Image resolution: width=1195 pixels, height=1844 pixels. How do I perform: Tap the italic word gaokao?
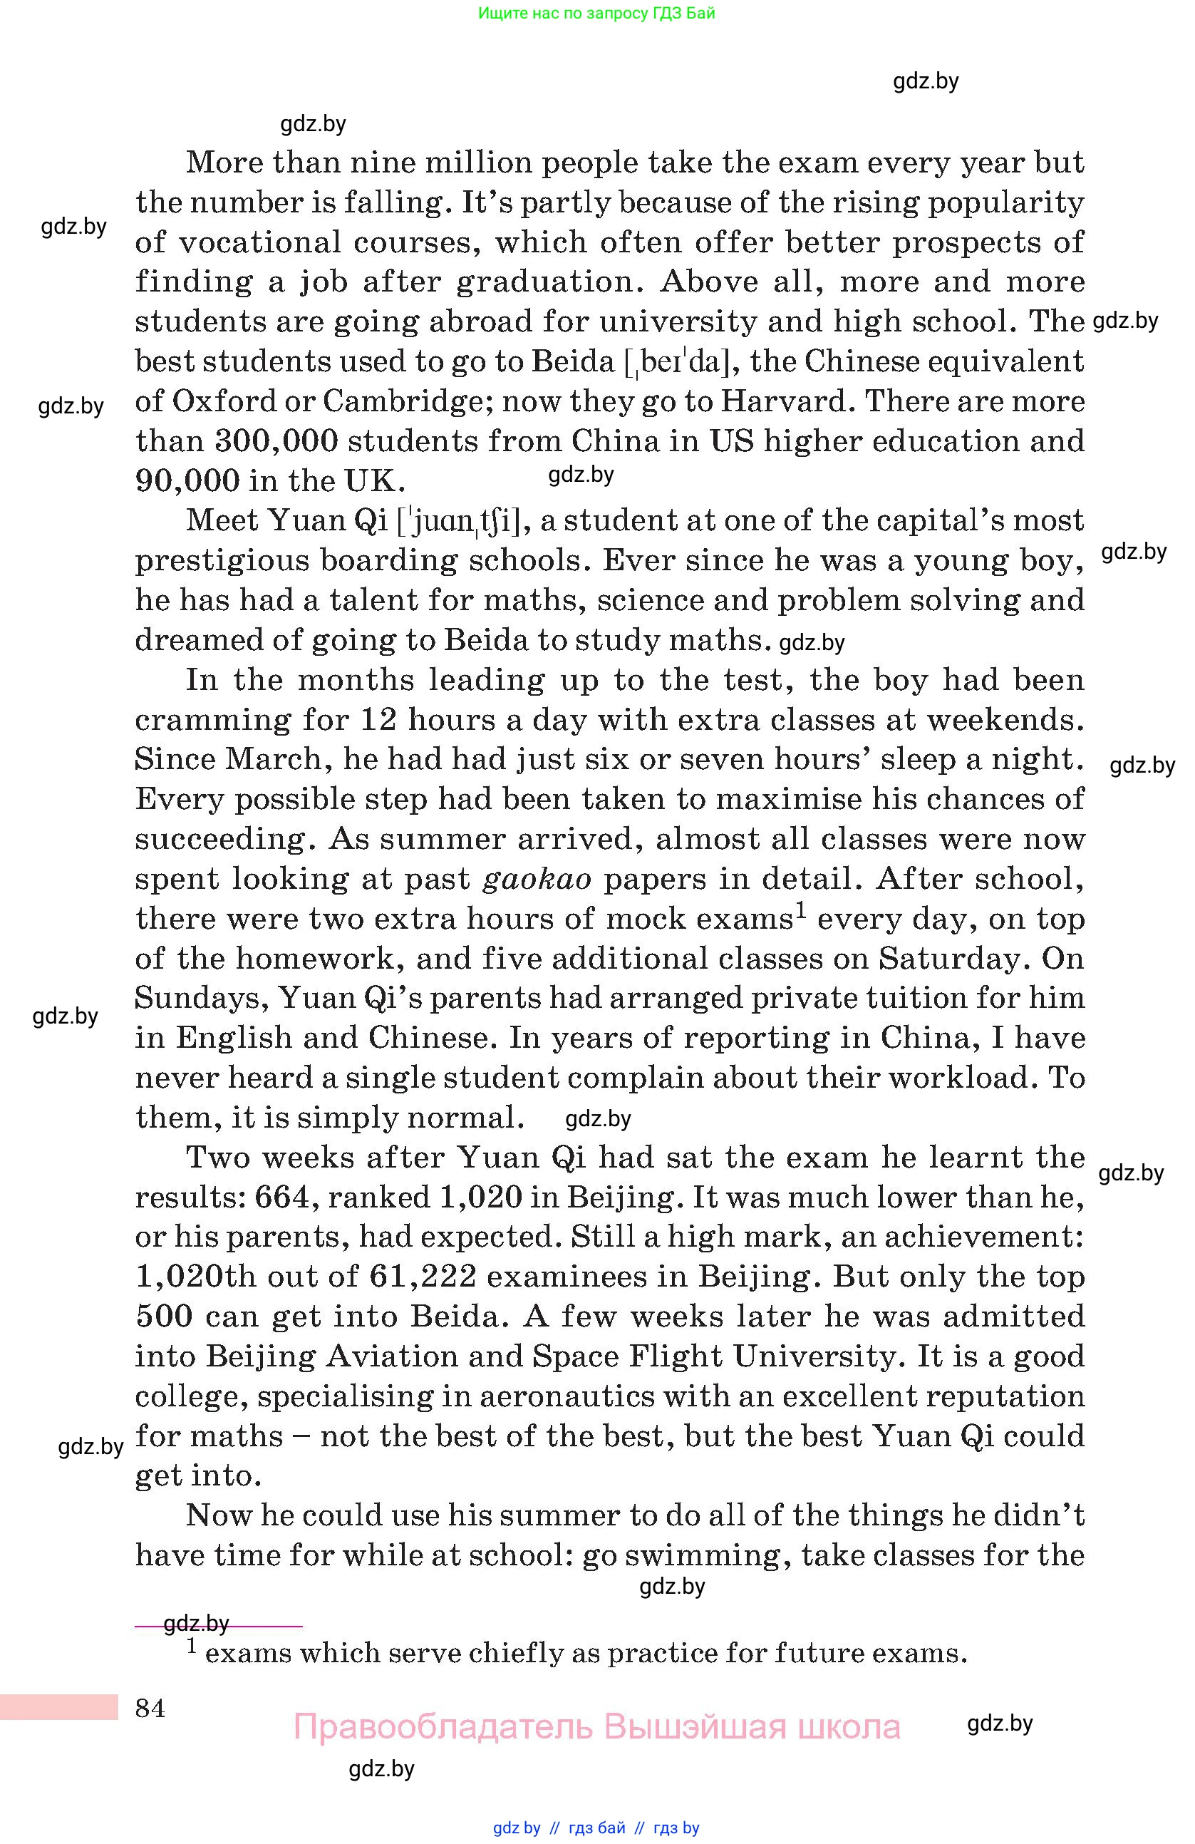(537, 880)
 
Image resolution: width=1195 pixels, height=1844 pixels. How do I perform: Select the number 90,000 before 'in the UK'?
(187, 481)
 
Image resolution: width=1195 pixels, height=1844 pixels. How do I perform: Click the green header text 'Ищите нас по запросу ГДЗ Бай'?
(596, 13)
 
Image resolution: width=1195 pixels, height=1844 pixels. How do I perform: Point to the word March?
(273, 759)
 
